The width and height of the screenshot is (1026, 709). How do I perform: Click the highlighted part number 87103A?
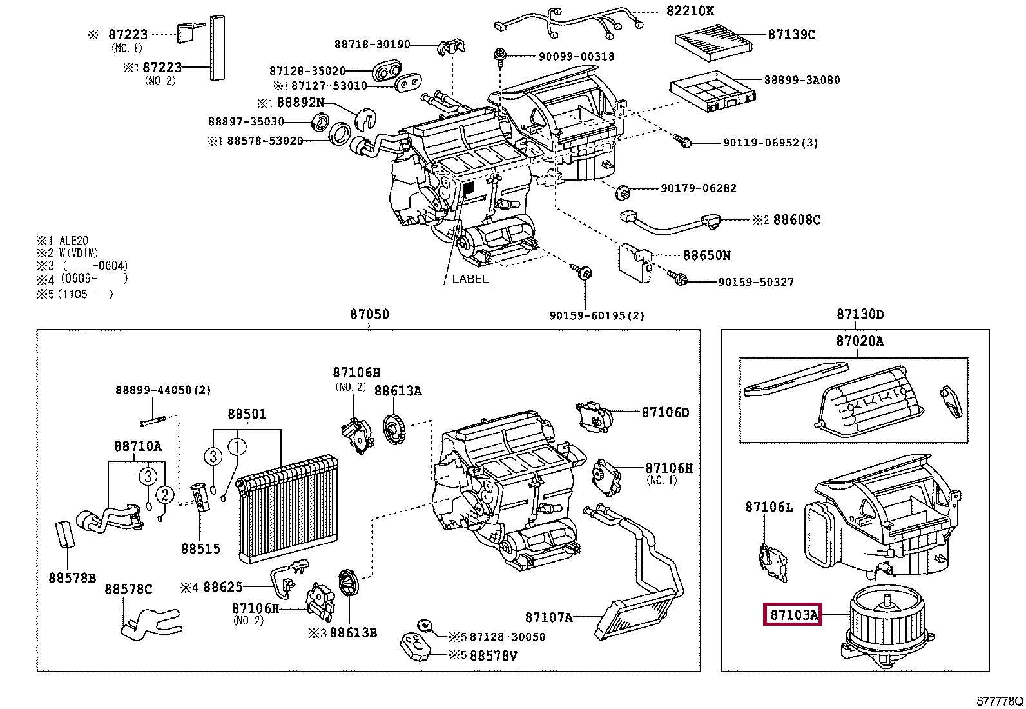pos(791,615)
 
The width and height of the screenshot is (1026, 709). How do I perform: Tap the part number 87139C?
pos(791,35)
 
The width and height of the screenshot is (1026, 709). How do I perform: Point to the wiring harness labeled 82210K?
pos(567,19)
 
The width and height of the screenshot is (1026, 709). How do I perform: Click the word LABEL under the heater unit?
pos(470,279)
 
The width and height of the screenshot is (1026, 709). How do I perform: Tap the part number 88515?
pos(200,548)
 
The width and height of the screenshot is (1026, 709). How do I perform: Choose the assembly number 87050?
pos(369,314)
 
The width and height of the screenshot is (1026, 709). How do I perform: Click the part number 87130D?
pos(860,314)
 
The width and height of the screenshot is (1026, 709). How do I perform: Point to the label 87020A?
pos(860,341)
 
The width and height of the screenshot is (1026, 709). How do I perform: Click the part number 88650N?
pos(706,255)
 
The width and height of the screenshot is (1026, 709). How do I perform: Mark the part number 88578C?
pos(129,589)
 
